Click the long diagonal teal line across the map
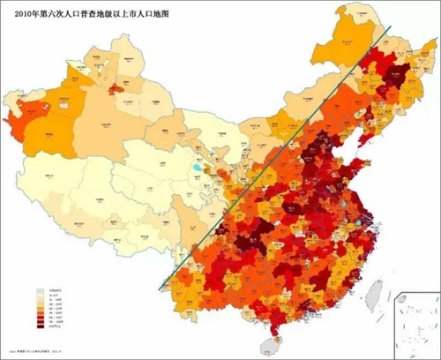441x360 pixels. click(273, 159)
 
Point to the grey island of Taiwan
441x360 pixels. click(375, 291)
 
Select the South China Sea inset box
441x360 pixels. click(415, 323)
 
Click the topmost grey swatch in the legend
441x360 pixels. click(39, 289)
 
